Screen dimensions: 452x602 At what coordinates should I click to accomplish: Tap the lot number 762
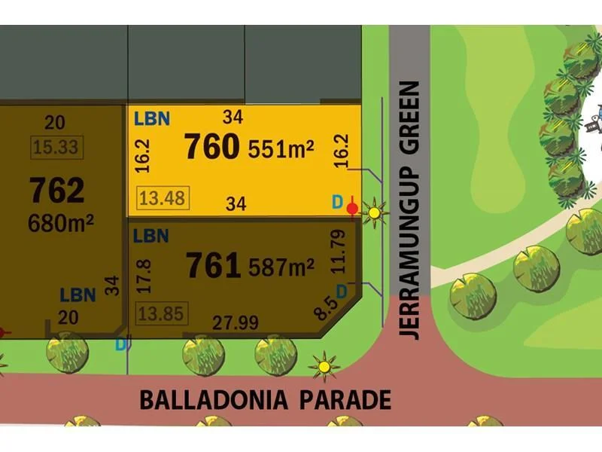tap(57, 190)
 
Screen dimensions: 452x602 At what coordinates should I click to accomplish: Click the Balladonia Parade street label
tap(266, 399)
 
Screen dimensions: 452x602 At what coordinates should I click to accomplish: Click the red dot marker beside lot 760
tap(353, 207)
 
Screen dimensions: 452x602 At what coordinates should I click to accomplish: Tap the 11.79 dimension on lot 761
tap(342, 251)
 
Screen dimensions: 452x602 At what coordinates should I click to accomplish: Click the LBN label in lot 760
tap(151, 118)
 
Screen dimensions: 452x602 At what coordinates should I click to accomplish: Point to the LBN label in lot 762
tap(78, 295)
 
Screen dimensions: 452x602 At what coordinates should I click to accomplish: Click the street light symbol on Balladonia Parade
tap(324, 367)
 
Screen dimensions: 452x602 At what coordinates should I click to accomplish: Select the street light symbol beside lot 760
tap(374, 213)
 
